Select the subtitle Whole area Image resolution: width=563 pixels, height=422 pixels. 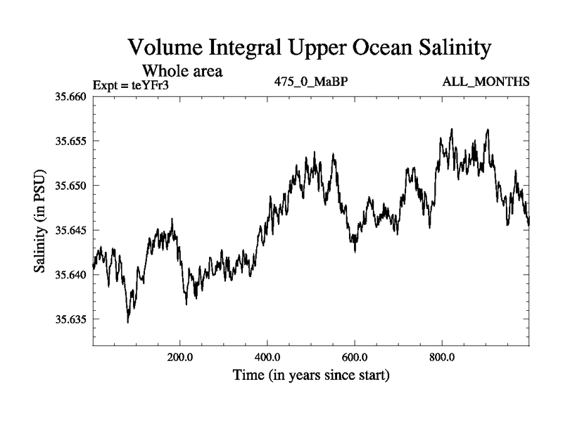183,70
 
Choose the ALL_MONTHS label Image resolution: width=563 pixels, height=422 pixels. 486,82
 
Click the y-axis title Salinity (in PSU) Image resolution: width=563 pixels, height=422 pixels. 40,222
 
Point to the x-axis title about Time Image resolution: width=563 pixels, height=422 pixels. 311,376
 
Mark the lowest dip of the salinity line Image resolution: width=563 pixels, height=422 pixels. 128,321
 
